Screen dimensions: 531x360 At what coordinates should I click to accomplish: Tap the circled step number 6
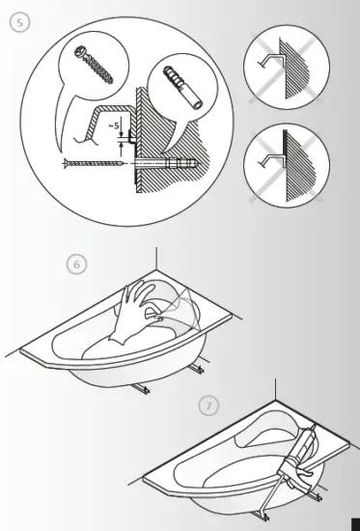[x=76, y=263]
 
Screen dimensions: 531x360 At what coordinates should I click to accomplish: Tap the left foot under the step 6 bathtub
[x=142, y=387]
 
